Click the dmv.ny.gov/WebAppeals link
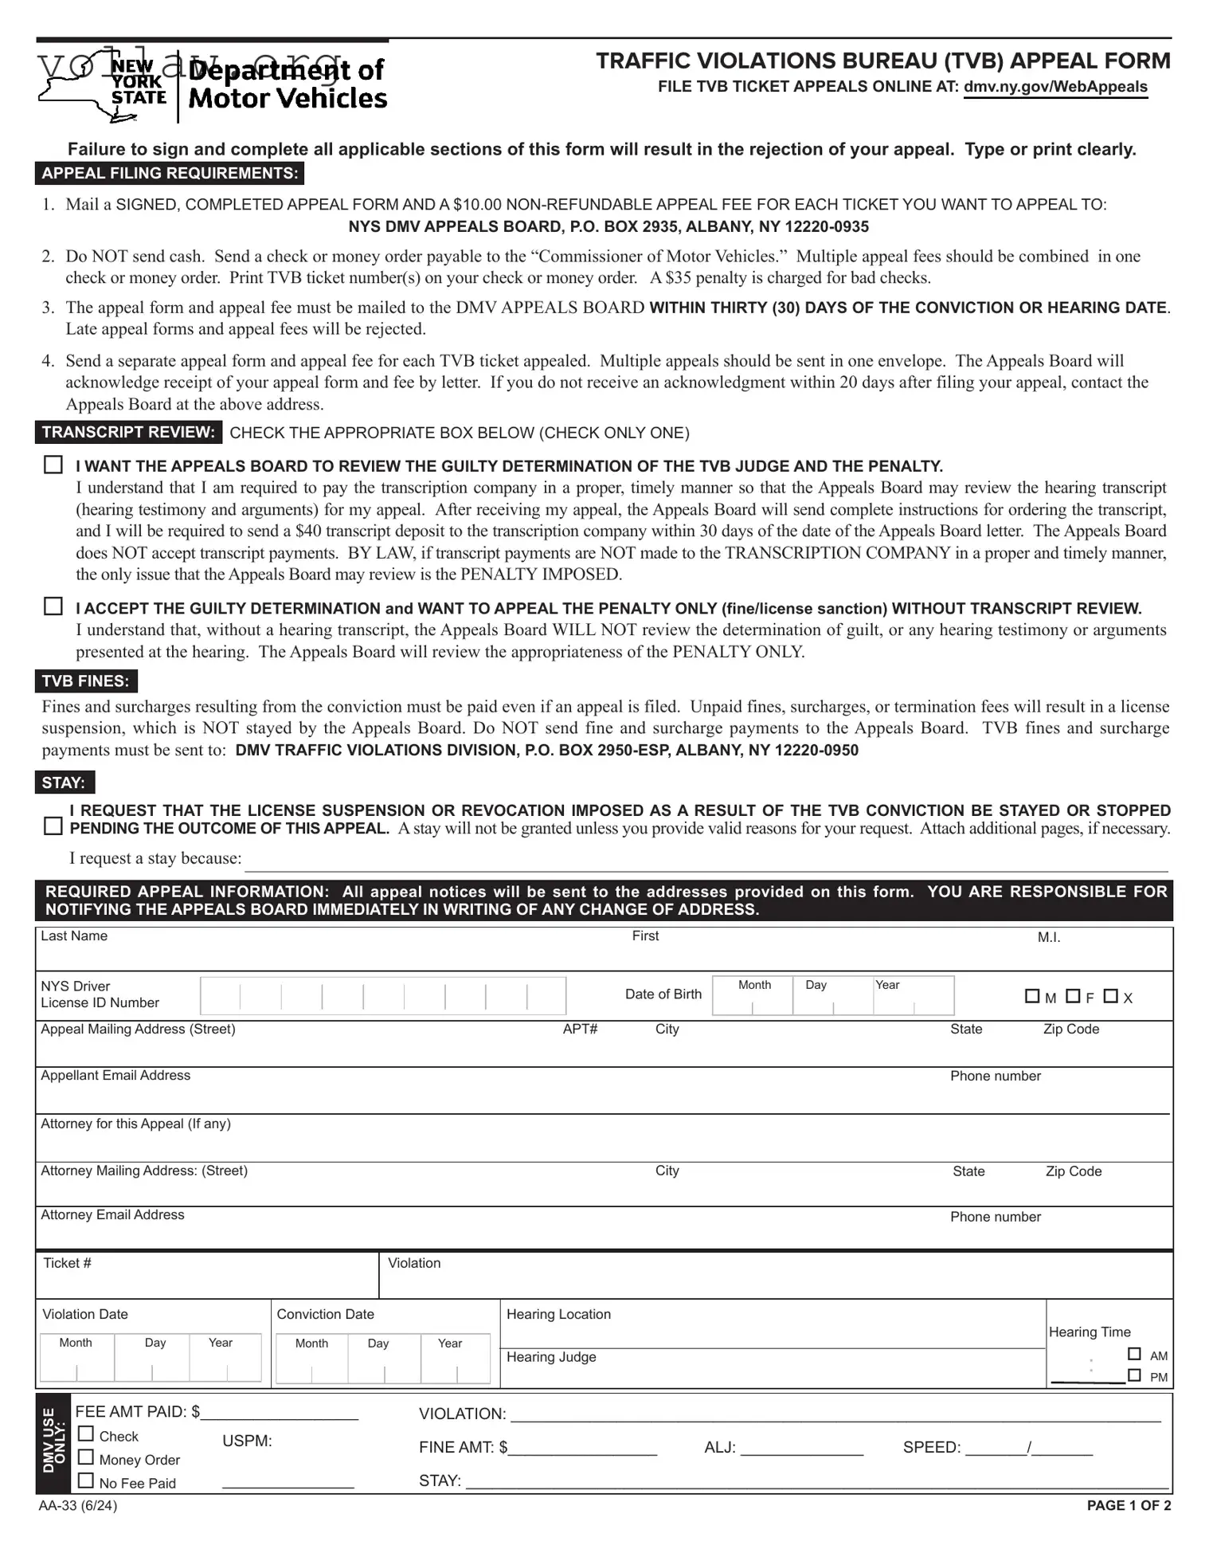pyautogui.click(x=1054, y=87)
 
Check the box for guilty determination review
pyautogui.click(x=53, y=465)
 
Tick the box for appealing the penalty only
pyautogui.click(x=53, y=606)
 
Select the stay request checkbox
pyautogui.click(x=53, y=826)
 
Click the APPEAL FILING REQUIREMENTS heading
pyautogui.click(x=170, y=173)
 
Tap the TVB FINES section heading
pyautogui.click(x=85, y=681)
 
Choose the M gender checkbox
pyautogui.click(x=1032, y=996)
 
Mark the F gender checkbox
pyautogui.click(x=1073, y=996)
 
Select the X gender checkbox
pyautogui.click(x=1111, y=996)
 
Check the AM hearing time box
pyautogui.click(x=1134, y=1354)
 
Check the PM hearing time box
pyautogui.click(x=1134, y=1375)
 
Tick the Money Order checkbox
pyautogui.click(x=86, y=1457)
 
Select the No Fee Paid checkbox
pyautogui.click(x=86, y=1481)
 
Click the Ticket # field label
pyautogui.click(x=67, y=1263)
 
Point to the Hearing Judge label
pyautogui.click(x=551, y=1357)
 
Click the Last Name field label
pyautogui.click(x=74, y=935)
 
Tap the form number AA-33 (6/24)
pyautogui.click(x=77, y=1505)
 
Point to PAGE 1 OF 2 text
pyautogui.click(x=1129, y=1505)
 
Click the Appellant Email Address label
pyautogui.click(x=115, y=1075)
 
